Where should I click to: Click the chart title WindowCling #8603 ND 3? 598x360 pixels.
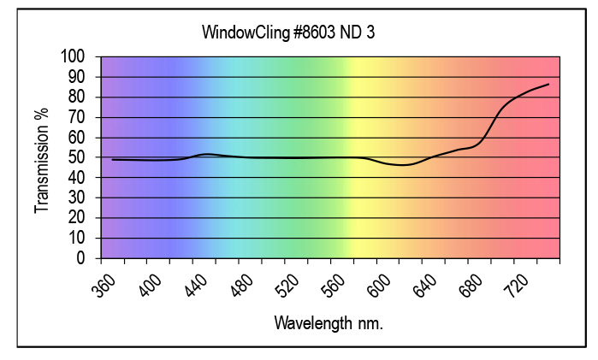click(288, 32)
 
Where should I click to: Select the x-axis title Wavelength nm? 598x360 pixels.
click(329, 323)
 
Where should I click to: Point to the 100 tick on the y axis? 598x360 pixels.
click(74, 56)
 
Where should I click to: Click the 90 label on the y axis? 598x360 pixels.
click(77, 77)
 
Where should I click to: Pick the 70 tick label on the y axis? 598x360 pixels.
click(77, 117)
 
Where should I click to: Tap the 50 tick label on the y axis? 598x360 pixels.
click(77, 157)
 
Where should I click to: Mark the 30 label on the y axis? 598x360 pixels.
click(77, 198)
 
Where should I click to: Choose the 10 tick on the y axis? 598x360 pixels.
click(77, 238)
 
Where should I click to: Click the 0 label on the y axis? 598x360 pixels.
click(81, 257)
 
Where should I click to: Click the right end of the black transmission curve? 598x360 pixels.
click(548, 84)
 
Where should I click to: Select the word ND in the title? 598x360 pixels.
click(351, 32)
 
